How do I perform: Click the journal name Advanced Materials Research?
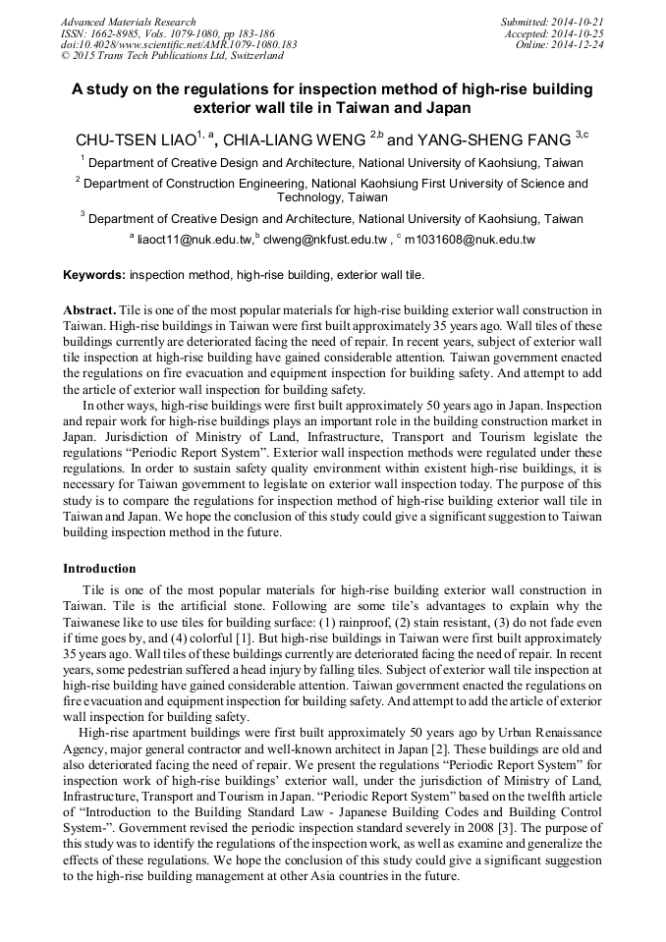point(128,22)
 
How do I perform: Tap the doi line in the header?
point(179,45)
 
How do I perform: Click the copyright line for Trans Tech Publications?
point(172,57)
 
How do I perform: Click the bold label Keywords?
point(94,275)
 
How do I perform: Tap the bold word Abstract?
point(90,309)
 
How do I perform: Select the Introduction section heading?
point(99,568)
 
